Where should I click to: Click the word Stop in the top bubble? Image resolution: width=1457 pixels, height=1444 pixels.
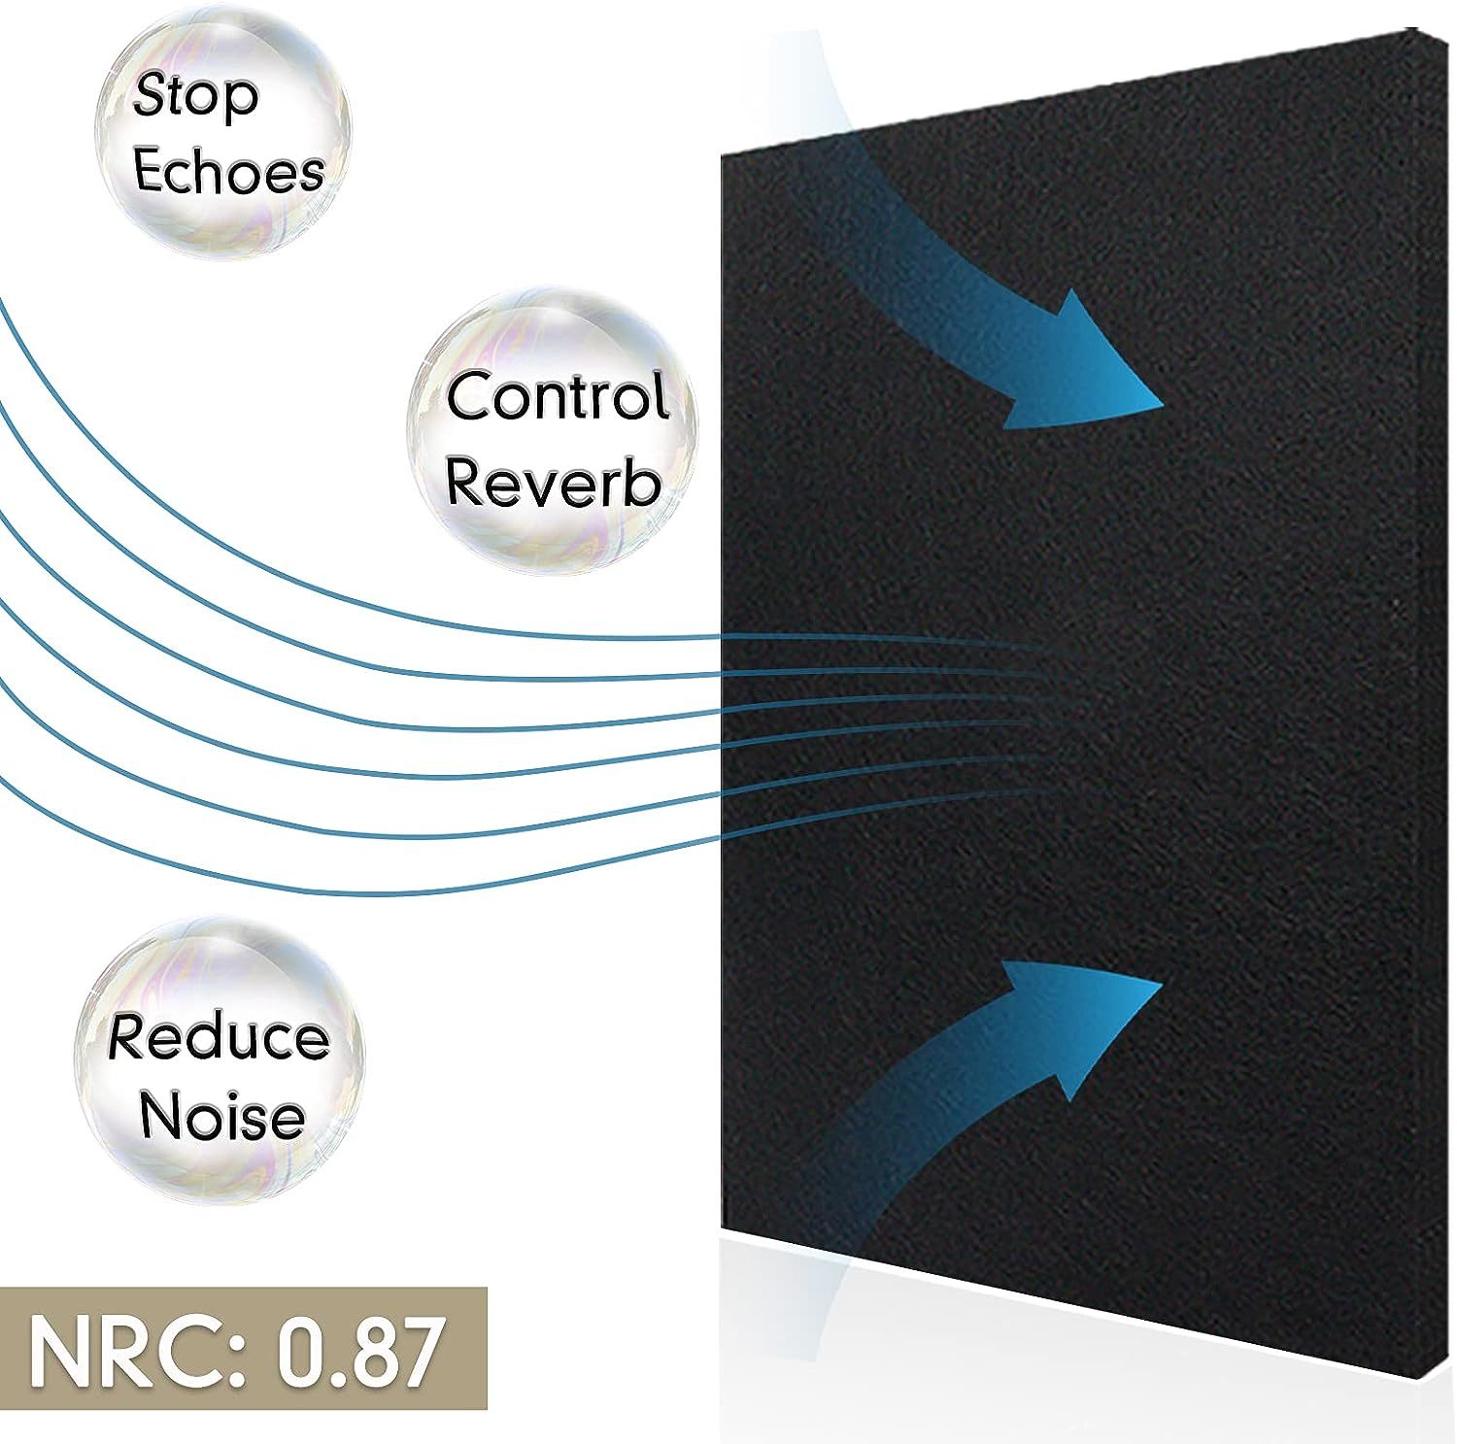196,97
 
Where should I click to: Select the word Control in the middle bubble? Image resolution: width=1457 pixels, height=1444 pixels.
559,396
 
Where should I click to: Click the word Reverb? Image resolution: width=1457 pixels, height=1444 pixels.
553,482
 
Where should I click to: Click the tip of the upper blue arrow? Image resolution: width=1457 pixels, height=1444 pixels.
1162,402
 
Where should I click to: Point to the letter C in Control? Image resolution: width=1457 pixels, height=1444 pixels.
466,396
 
